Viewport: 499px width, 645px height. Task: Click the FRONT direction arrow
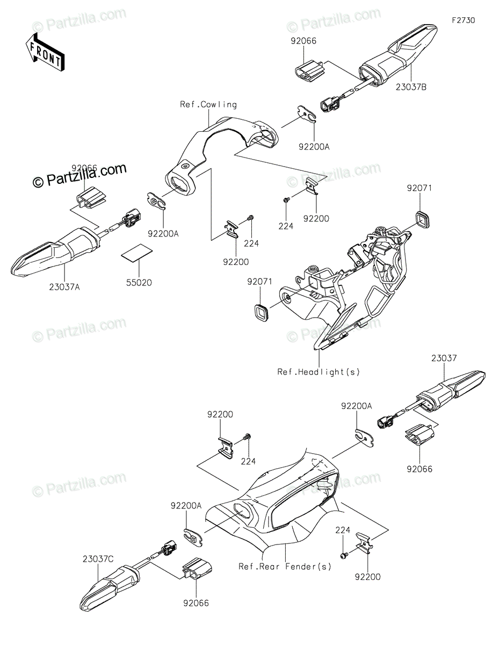(45, 52)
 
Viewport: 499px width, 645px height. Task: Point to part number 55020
(139, 282)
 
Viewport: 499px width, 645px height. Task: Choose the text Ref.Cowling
(208, 105)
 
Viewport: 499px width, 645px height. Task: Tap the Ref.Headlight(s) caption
(319, 371)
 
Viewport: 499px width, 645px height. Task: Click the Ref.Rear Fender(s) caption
(285, 566)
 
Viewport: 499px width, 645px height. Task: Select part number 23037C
(98, 559)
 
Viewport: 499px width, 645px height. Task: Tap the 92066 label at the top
(304, 40)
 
